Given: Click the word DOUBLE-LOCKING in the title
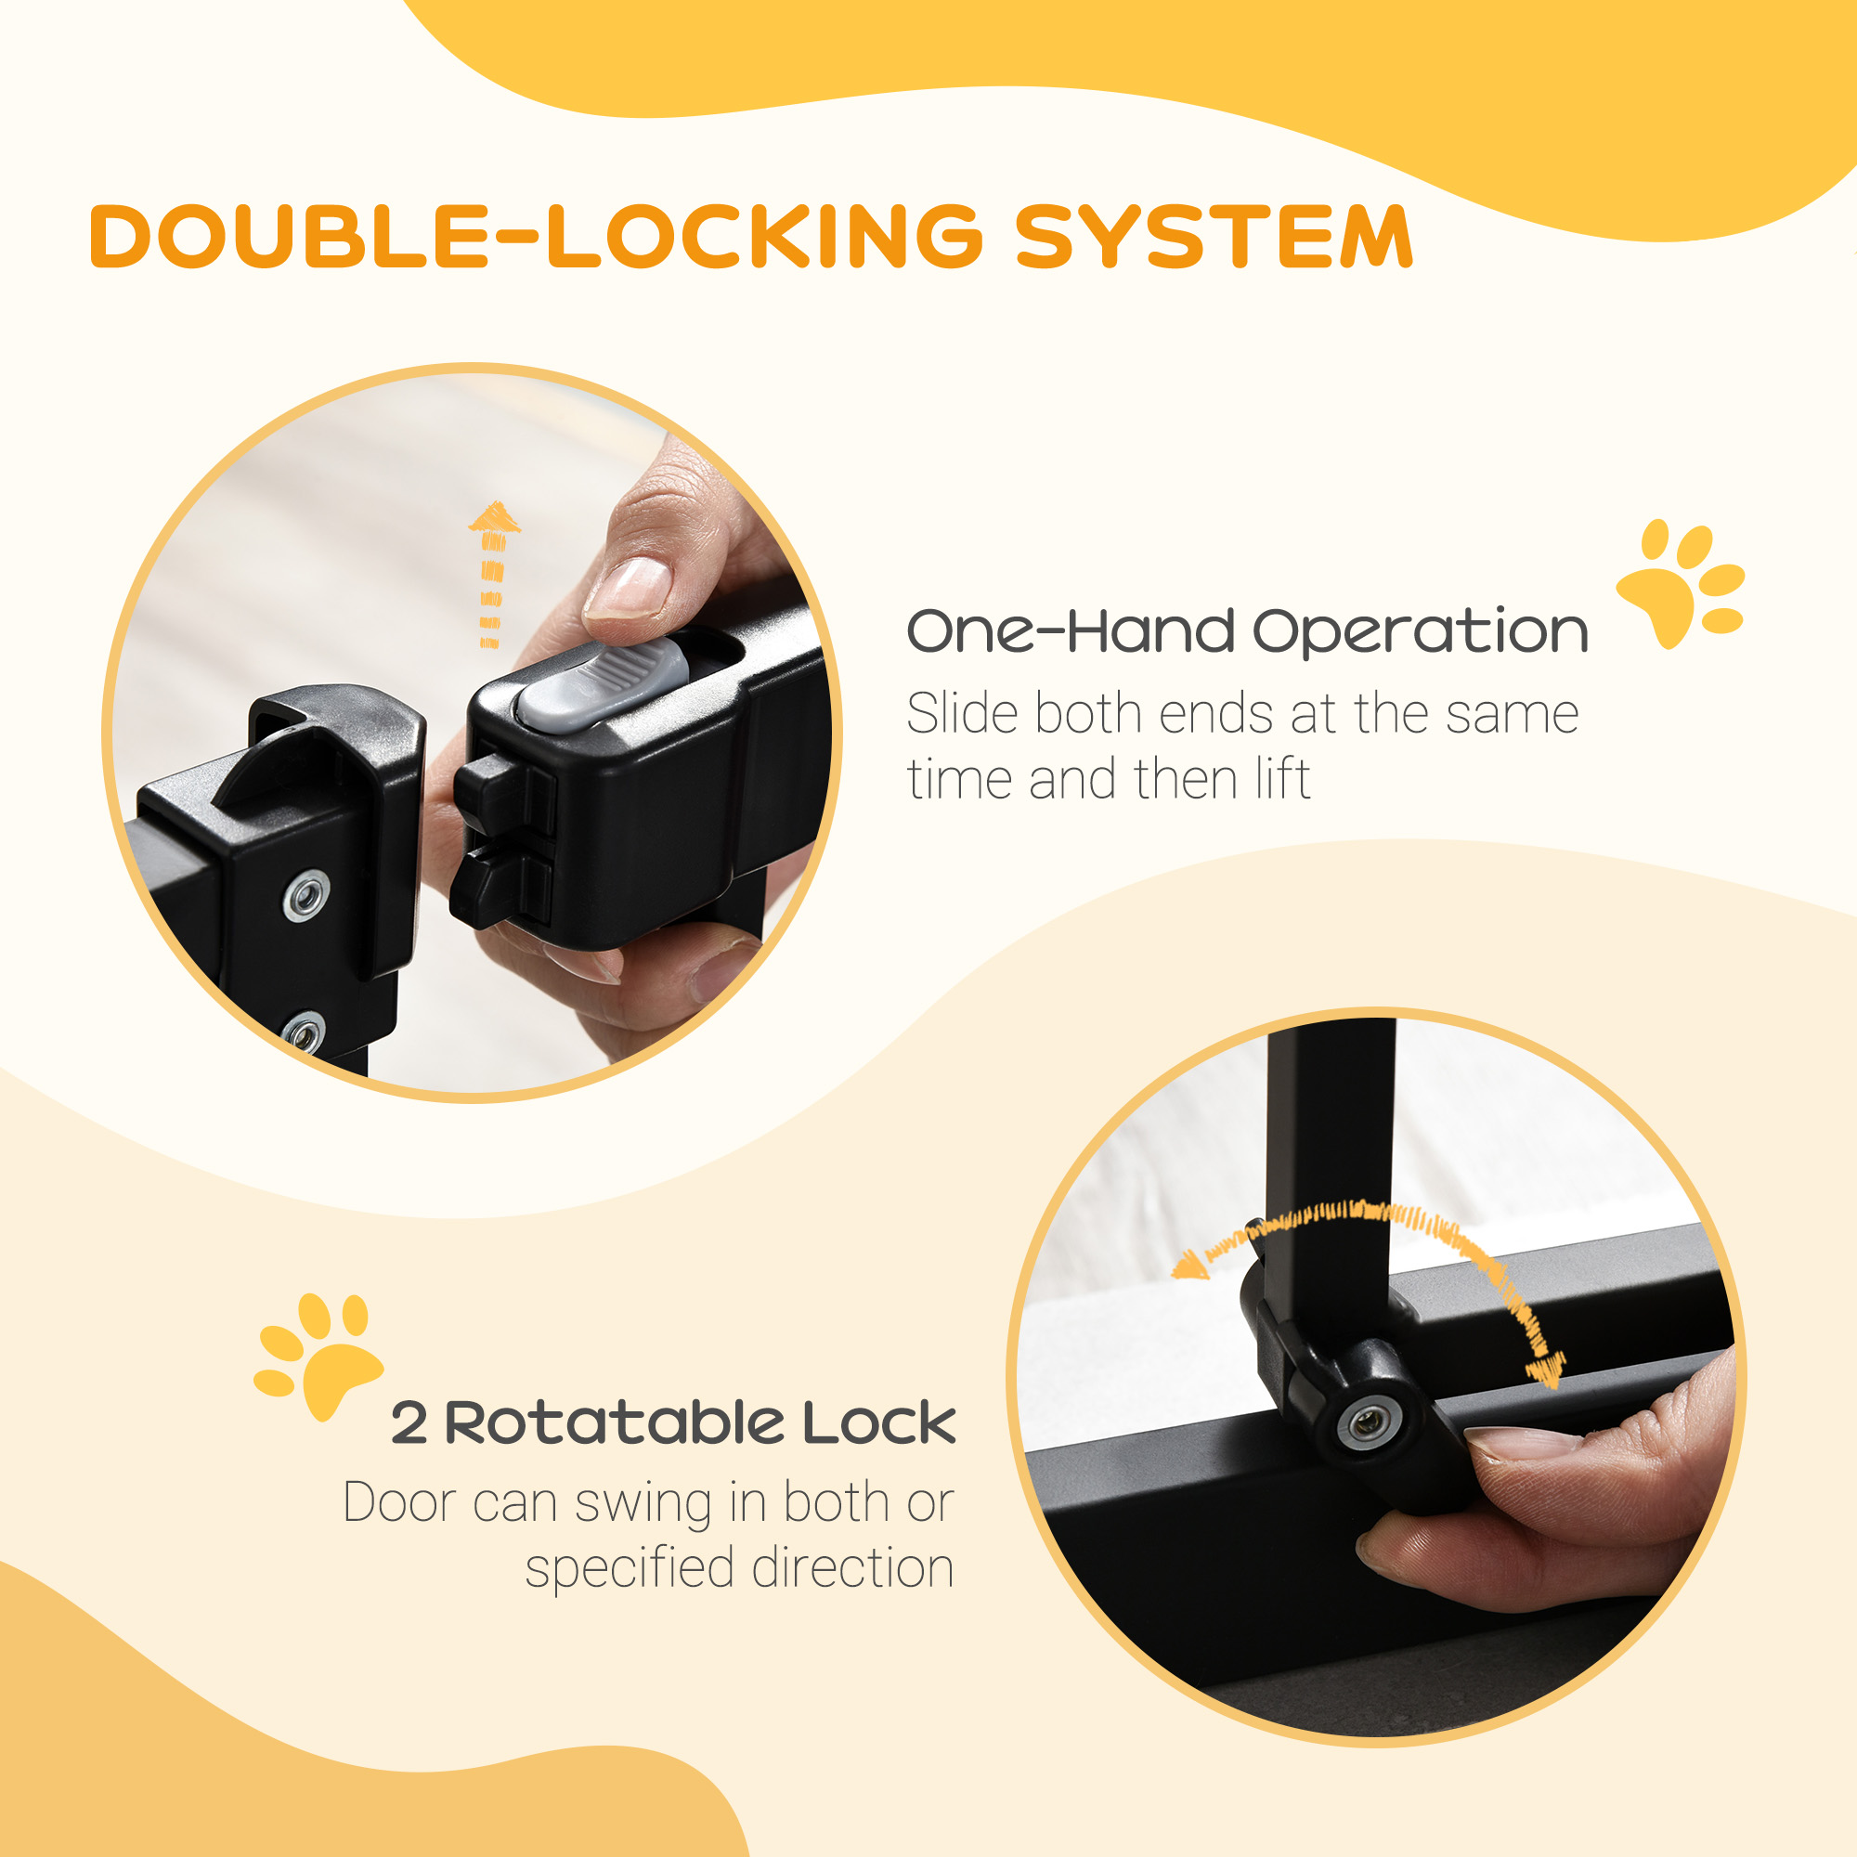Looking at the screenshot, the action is tap(537, 236).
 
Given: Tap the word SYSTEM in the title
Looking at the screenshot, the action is tap(1214, 236).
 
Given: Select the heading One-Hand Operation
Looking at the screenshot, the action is tap(1247, 631).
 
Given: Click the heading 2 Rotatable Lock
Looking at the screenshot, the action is tap(673, 1422).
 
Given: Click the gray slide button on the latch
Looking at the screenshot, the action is tap(604, 683).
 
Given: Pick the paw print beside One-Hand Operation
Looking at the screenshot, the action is tap(1679, 582).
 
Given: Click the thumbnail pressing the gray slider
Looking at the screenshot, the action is tap(628, 586).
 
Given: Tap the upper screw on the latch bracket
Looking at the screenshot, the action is tap(306, 896).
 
